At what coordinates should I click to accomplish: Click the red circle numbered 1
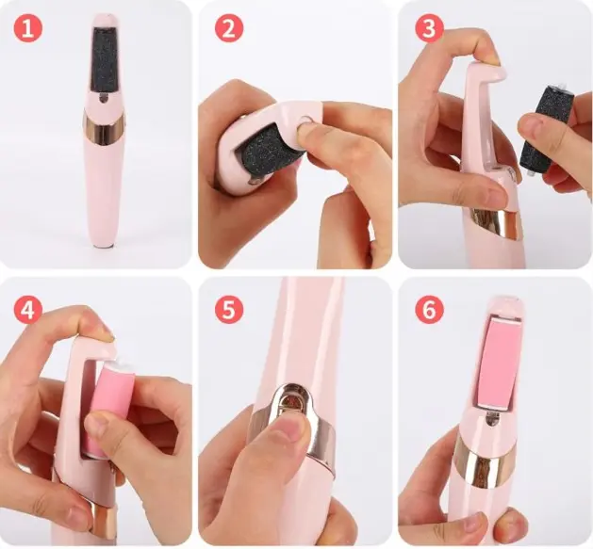[28, 28]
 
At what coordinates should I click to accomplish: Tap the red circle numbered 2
[229, 28]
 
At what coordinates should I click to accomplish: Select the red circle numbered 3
[429, 28]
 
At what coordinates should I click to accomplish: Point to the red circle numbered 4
[28, 310]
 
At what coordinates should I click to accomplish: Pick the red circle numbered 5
[229, 310]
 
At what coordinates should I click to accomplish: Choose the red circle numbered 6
[429, 310]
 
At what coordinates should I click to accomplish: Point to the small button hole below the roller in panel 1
[104, 99]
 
